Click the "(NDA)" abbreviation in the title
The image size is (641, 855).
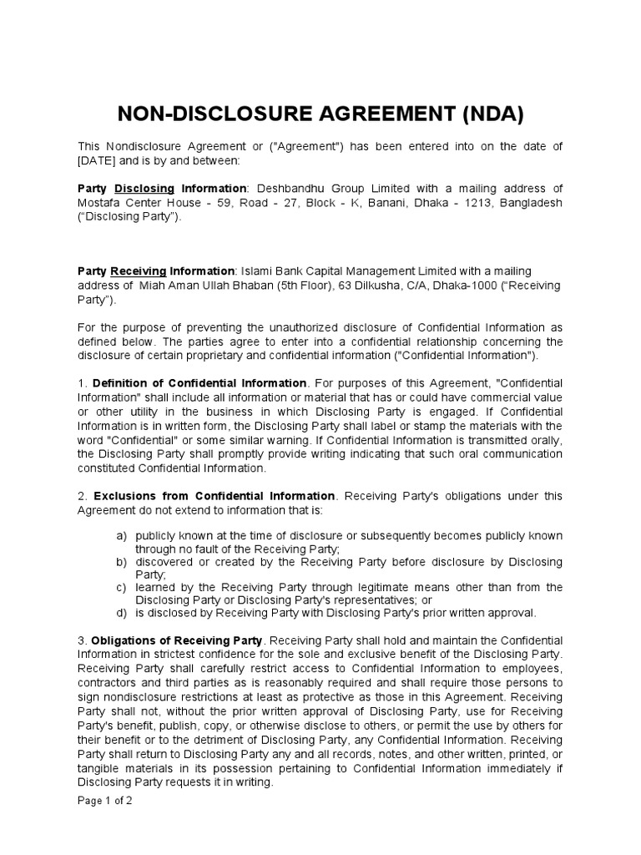click(484, 114)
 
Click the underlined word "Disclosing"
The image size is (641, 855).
click(144, 189)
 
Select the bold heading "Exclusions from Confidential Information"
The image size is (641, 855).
click(215, 495)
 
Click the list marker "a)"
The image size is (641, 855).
click(121, 535)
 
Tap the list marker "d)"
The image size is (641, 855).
click(121, 613)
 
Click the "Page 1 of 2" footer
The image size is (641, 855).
click(104, 800)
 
